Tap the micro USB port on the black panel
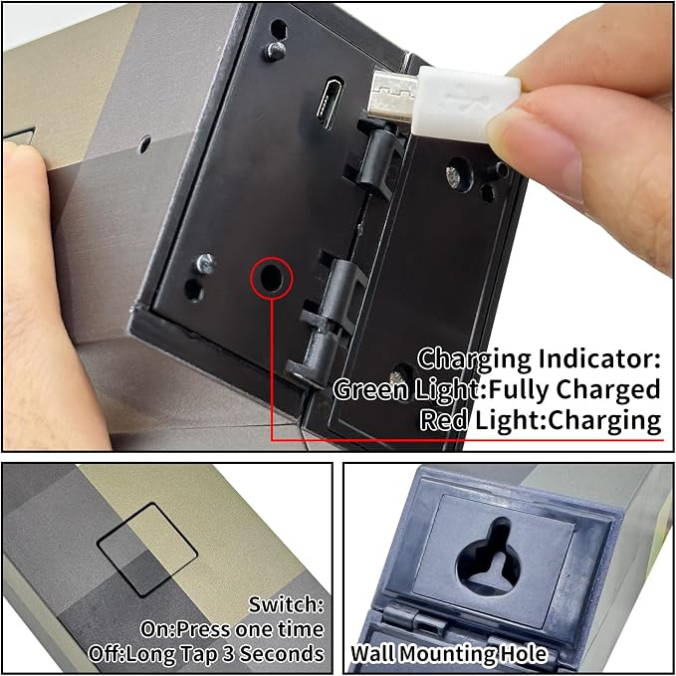coord(330,103)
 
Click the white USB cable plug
coord(466,104)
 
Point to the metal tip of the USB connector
coord(391,95)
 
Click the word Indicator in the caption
coord(599,358)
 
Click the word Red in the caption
coord(444,419)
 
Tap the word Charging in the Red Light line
coord(604,421)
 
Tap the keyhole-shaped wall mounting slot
coord(490,557)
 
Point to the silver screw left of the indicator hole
coord(205,263)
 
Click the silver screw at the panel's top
coord(275,51)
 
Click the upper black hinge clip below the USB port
coord(375,159)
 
